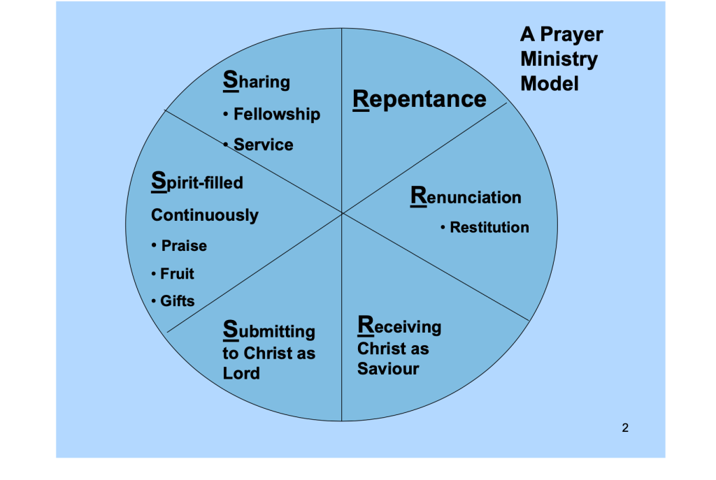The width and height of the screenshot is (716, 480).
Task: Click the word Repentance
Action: tap(420, 99)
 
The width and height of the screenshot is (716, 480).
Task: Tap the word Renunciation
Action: tap(466, 197)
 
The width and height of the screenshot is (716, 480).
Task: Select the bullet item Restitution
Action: tap(489, 227)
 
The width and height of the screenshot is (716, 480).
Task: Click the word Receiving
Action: tap(399, 326)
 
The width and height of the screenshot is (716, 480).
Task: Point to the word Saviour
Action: tap(388, 369)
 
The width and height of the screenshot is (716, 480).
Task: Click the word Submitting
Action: tap(269, 330)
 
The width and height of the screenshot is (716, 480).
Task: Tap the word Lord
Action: tap(241, 373)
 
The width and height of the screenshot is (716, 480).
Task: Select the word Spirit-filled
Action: tap(197, 183)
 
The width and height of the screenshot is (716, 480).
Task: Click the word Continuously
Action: tap(205, 215)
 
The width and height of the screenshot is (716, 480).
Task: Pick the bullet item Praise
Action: tap(184, 246)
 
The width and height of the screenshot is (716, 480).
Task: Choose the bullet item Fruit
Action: tap(177, 274)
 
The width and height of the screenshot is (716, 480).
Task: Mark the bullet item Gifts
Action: tap(177, 301)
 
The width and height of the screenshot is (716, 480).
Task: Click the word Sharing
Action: tap(256, 82)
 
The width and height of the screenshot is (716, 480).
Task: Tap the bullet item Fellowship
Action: tap(276, 114)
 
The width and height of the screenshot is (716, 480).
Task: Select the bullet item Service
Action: tap(263, 145)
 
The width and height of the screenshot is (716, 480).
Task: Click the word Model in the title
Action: tap(550, 84)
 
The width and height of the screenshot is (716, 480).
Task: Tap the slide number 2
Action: tap(625, 428)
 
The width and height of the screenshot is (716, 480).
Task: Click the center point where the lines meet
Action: tap(342, 212)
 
